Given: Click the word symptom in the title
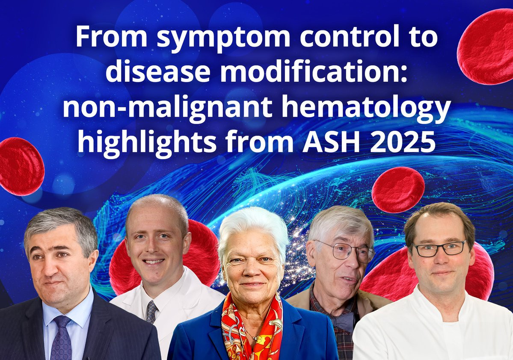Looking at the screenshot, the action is [x=223, y=38].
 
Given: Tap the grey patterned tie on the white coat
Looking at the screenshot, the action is [x=151, y=311].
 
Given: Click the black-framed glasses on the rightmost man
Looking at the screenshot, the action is [x=439, y=248].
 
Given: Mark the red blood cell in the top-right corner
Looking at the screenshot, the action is [x=486, y=47].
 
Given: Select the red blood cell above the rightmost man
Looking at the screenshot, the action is [x=398, y=190].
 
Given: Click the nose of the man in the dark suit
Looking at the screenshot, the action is [x=50, y=269].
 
